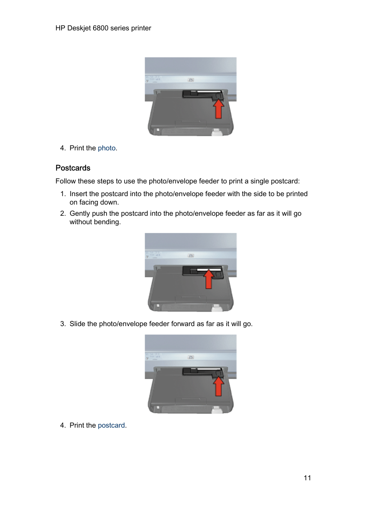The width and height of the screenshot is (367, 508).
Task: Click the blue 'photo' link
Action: pos(107,148)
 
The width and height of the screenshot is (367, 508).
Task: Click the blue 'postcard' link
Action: pos(111,425)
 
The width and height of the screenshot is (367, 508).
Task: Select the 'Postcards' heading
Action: pos(73,168)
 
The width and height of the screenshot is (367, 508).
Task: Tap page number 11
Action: pos(307,478)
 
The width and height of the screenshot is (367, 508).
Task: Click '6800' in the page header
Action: pos(100,28)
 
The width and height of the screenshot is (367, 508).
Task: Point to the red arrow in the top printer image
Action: pos(219,109)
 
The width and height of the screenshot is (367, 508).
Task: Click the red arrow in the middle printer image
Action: pos(209,280)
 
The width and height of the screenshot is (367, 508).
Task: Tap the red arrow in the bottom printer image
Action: pos(219,386)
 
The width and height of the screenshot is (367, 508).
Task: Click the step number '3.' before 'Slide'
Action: pos(63,324)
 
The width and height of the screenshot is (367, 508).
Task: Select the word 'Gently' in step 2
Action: pos(80,213)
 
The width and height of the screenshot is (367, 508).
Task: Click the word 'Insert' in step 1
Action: pos(78,194)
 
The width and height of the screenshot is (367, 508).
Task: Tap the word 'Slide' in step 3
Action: pos(77,324)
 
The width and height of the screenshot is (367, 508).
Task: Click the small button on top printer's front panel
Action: pos(191,80)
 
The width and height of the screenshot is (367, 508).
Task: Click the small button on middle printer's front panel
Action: pos(191,256)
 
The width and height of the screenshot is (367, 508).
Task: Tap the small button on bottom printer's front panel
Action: pos(191,357)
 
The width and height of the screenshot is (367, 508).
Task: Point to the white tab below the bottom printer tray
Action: pos(217,410)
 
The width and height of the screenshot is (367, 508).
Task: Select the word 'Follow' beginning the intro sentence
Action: pos(65,181)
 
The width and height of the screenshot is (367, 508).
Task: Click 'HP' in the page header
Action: pos(60,28)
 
